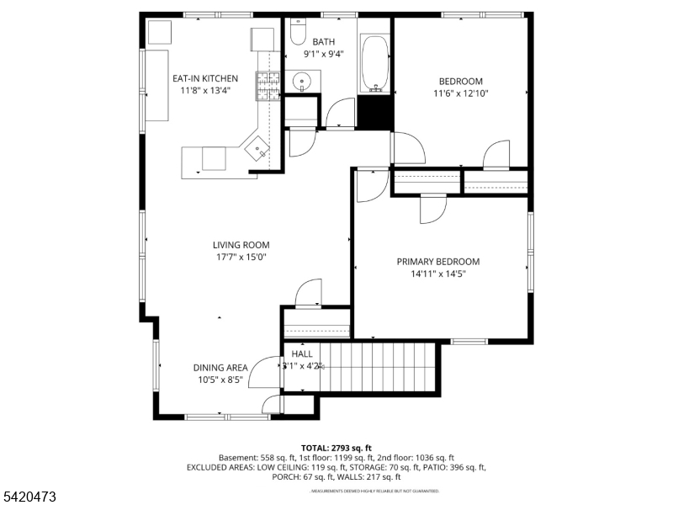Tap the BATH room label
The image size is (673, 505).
[x=323, y=41]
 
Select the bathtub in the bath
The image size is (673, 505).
[x=375, y=64]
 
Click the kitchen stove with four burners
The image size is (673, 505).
[x=268, y=84]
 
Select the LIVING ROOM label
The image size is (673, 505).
[x=241, y=245]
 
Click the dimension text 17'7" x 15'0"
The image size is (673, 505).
[x=241, y=258]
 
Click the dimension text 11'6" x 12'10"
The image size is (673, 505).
[x=461, y=93]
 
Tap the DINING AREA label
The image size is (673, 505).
[x=220, y=367]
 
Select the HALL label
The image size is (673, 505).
[x=302, y=354]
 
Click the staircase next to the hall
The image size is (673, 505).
[x=379, y=367]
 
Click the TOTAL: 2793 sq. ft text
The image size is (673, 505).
[x=336, y=448]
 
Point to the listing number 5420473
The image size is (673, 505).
[x=29, y=497]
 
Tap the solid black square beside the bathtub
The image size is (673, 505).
[x=375, y=112]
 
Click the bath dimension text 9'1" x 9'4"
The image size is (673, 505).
[x=323, y=54]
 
